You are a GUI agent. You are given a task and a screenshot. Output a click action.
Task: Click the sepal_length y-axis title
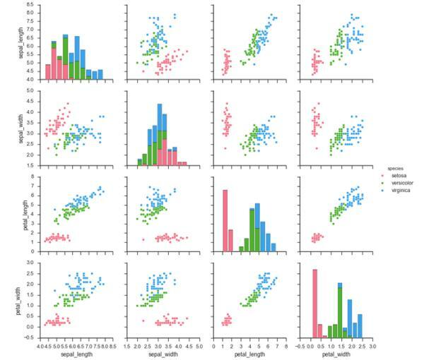(8, 42)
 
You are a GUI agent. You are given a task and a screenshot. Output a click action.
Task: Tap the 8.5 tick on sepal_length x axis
(112, 345)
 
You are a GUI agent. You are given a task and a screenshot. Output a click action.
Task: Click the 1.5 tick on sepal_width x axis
(126, 345)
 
